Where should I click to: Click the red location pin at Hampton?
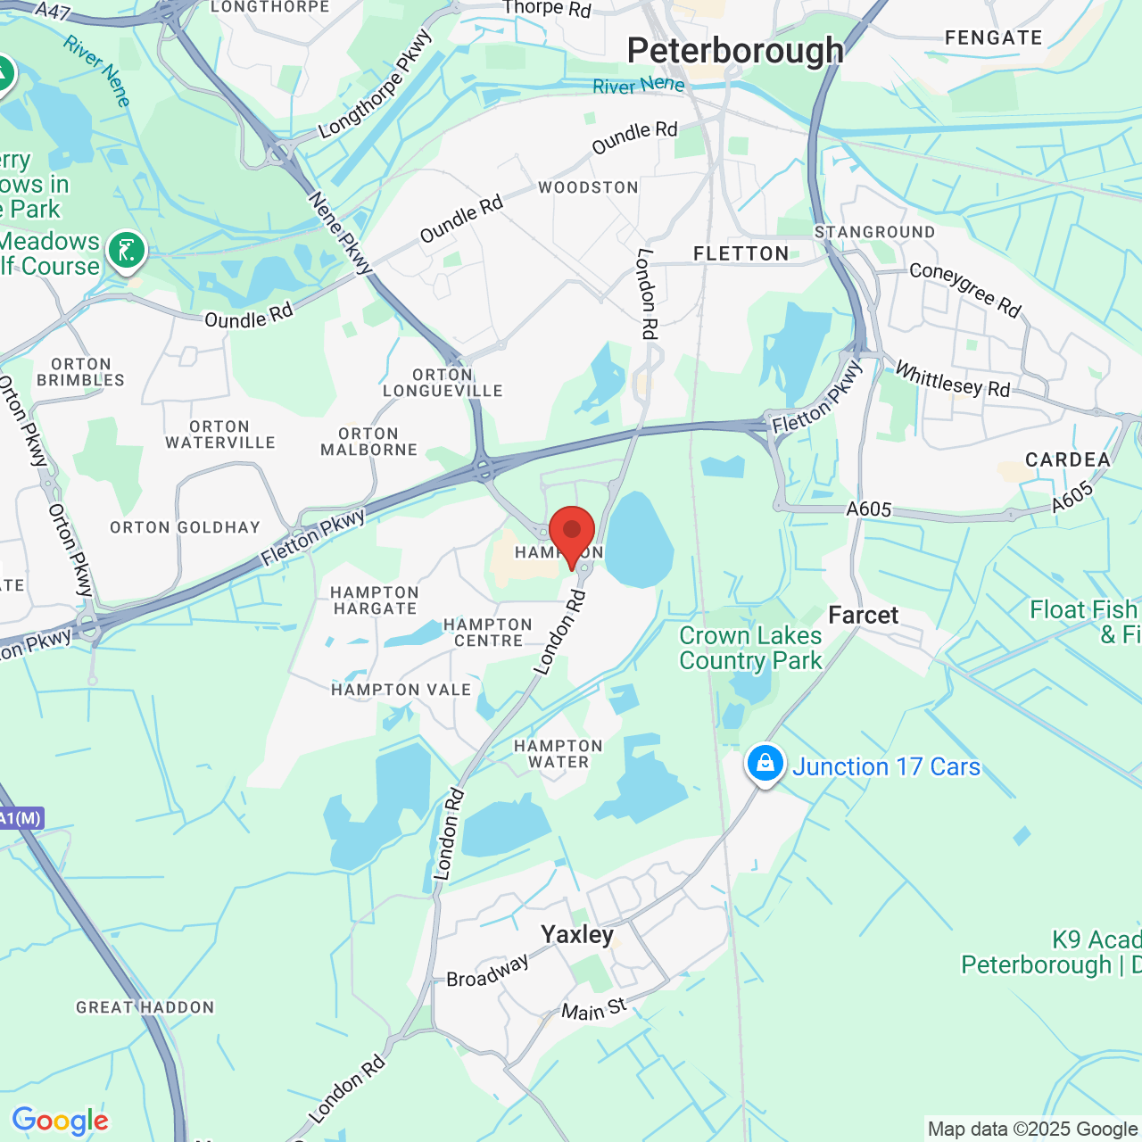(571, 534)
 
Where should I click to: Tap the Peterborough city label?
(735, 51)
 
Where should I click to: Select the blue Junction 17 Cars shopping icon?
(765, 764)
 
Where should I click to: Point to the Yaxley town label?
(577, 934)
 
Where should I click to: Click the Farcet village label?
(863, 615)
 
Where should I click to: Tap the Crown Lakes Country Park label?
(750, 648)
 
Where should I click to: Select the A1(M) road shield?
(21, 817)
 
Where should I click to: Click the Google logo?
(61, 1121)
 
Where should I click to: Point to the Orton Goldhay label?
(185, 527)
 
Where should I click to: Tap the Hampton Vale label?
(401, 690)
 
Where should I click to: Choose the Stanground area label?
(874, 232)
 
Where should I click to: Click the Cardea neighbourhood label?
(1068, 459)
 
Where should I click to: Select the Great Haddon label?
(145, 1007)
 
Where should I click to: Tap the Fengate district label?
(993, 37)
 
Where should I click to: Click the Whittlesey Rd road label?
(952, 379)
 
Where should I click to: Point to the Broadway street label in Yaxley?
(487, 972)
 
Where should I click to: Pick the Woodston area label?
(588, 187)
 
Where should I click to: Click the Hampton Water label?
(559, 754)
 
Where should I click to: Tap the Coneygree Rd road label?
(964, 289)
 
